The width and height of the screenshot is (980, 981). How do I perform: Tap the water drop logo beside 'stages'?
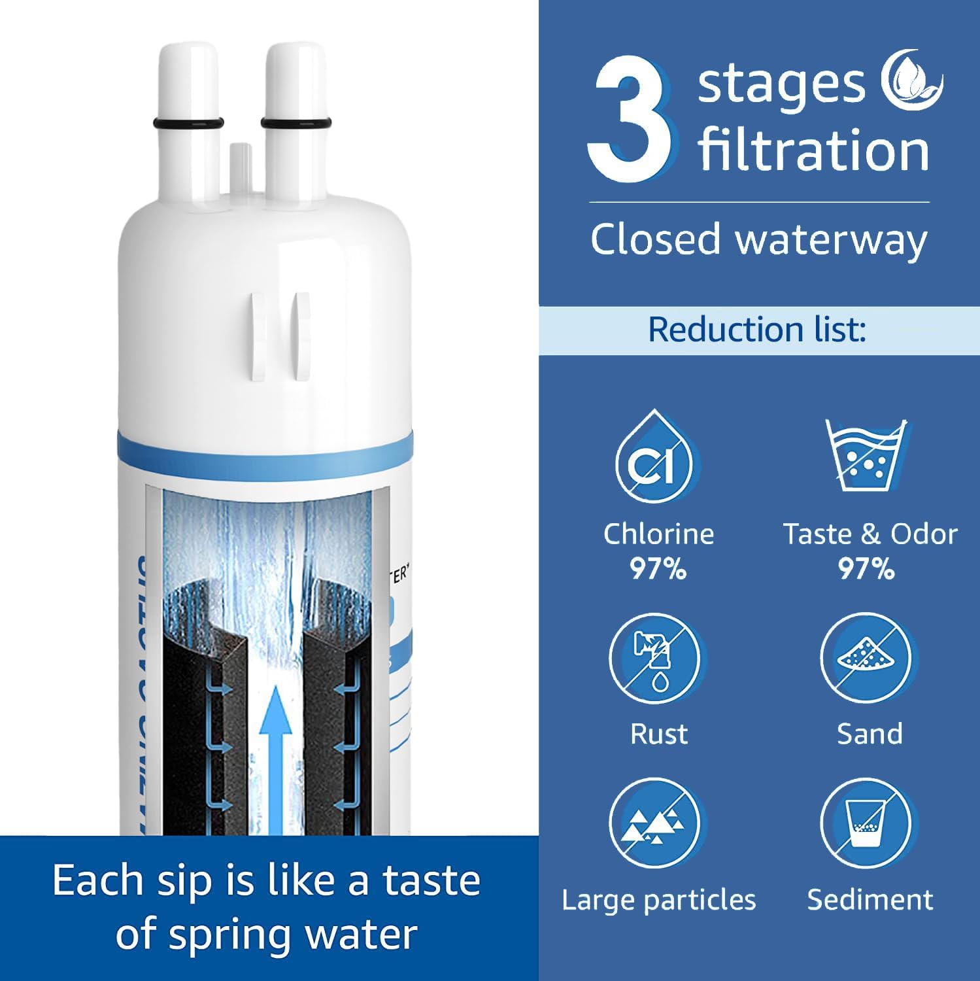pos(911,84)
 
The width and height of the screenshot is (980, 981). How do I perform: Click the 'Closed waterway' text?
pos(758,239)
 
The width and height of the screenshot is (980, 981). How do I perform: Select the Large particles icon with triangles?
pos(654,824)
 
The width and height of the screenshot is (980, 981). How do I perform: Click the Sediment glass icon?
pos(866,824)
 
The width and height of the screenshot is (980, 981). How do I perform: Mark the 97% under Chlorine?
pos(658,569)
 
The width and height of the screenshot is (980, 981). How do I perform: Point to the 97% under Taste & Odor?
pos(867,569)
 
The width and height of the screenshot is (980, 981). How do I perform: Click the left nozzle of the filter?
pos(188,85)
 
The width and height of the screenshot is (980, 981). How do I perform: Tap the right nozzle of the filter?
pos(296,85)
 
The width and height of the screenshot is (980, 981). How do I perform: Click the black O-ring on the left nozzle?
pos(188,123)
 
